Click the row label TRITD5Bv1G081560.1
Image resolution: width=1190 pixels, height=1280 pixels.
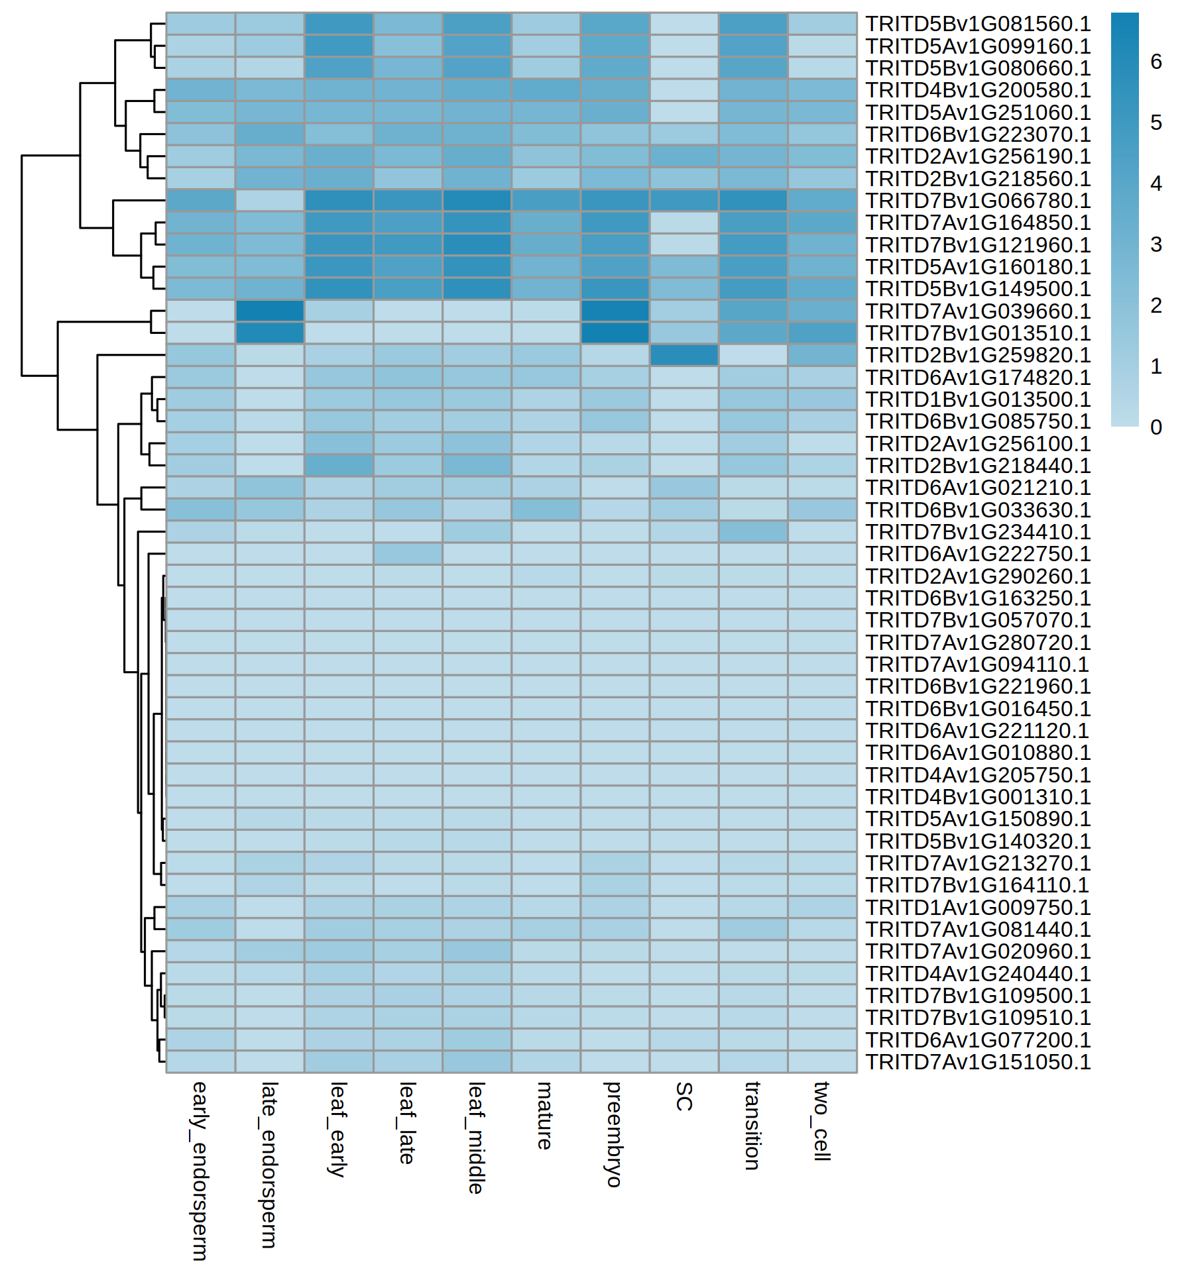978,24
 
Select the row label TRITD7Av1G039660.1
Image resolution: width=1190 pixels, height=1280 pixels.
978,311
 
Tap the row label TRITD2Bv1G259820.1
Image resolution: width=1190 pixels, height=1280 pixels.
978,355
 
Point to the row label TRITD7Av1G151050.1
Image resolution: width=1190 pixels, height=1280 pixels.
978,1062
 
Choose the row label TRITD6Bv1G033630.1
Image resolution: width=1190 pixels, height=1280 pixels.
978,510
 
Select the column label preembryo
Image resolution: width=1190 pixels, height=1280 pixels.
614,1134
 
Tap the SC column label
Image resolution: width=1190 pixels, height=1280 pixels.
684,1096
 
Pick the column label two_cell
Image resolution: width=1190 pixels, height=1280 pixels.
822,1121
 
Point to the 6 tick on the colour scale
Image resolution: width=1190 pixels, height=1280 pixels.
1156,62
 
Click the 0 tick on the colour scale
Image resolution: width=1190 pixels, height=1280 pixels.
1156,427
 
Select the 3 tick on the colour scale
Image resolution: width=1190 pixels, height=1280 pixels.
1156,244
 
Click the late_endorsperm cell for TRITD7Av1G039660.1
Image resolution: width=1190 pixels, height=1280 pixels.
270,311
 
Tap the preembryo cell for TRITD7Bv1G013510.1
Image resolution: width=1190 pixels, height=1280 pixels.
615,333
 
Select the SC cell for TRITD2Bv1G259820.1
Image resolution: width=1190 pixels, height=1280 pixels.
684,355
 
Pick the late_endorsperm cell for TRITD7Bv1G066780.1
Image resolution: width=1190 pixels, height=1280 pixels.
270,201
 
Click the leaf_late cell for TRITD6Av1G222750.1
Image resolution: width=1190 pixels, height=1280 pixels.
408,554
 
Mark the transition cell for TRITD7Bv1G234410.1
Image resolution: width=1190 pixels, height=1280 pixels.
753,532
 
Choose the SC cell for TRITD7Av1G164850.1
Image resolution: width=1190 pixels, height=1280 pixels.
684,223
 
